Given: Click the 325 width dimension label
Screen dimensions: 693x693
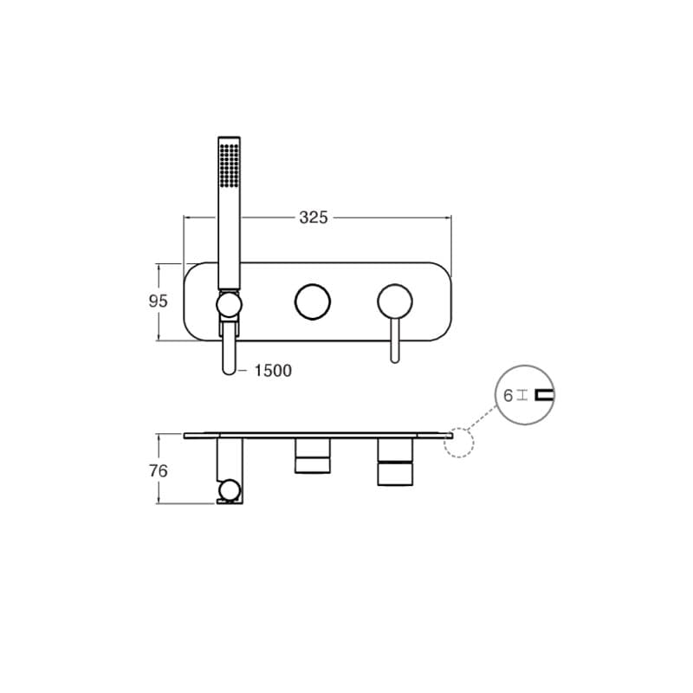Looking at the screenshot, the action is pos(314,217).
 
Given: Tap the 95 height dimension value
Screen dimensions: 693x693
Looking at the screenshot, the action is pos(159,301).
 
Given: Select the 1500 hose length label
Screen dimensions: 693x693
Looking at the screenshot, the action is pos(273,371).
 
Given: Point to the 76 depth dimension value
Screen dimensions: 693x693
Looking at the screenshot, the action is pos(159,471).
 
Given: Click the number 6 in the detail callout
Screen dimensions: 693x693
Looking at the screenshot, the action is pos(508,396).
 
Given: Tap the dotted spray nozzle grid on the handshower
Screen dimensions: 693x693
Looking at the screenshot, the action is pos(230,164).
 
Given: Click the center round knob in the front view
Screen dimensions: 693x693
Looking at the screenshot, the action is pos(313,301).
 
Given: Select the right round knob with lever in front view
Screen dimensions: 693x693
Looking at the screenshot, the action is pos(395,301).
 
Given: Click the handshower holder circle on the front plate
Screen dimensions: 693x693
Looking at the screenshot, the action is pos(229,305).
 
